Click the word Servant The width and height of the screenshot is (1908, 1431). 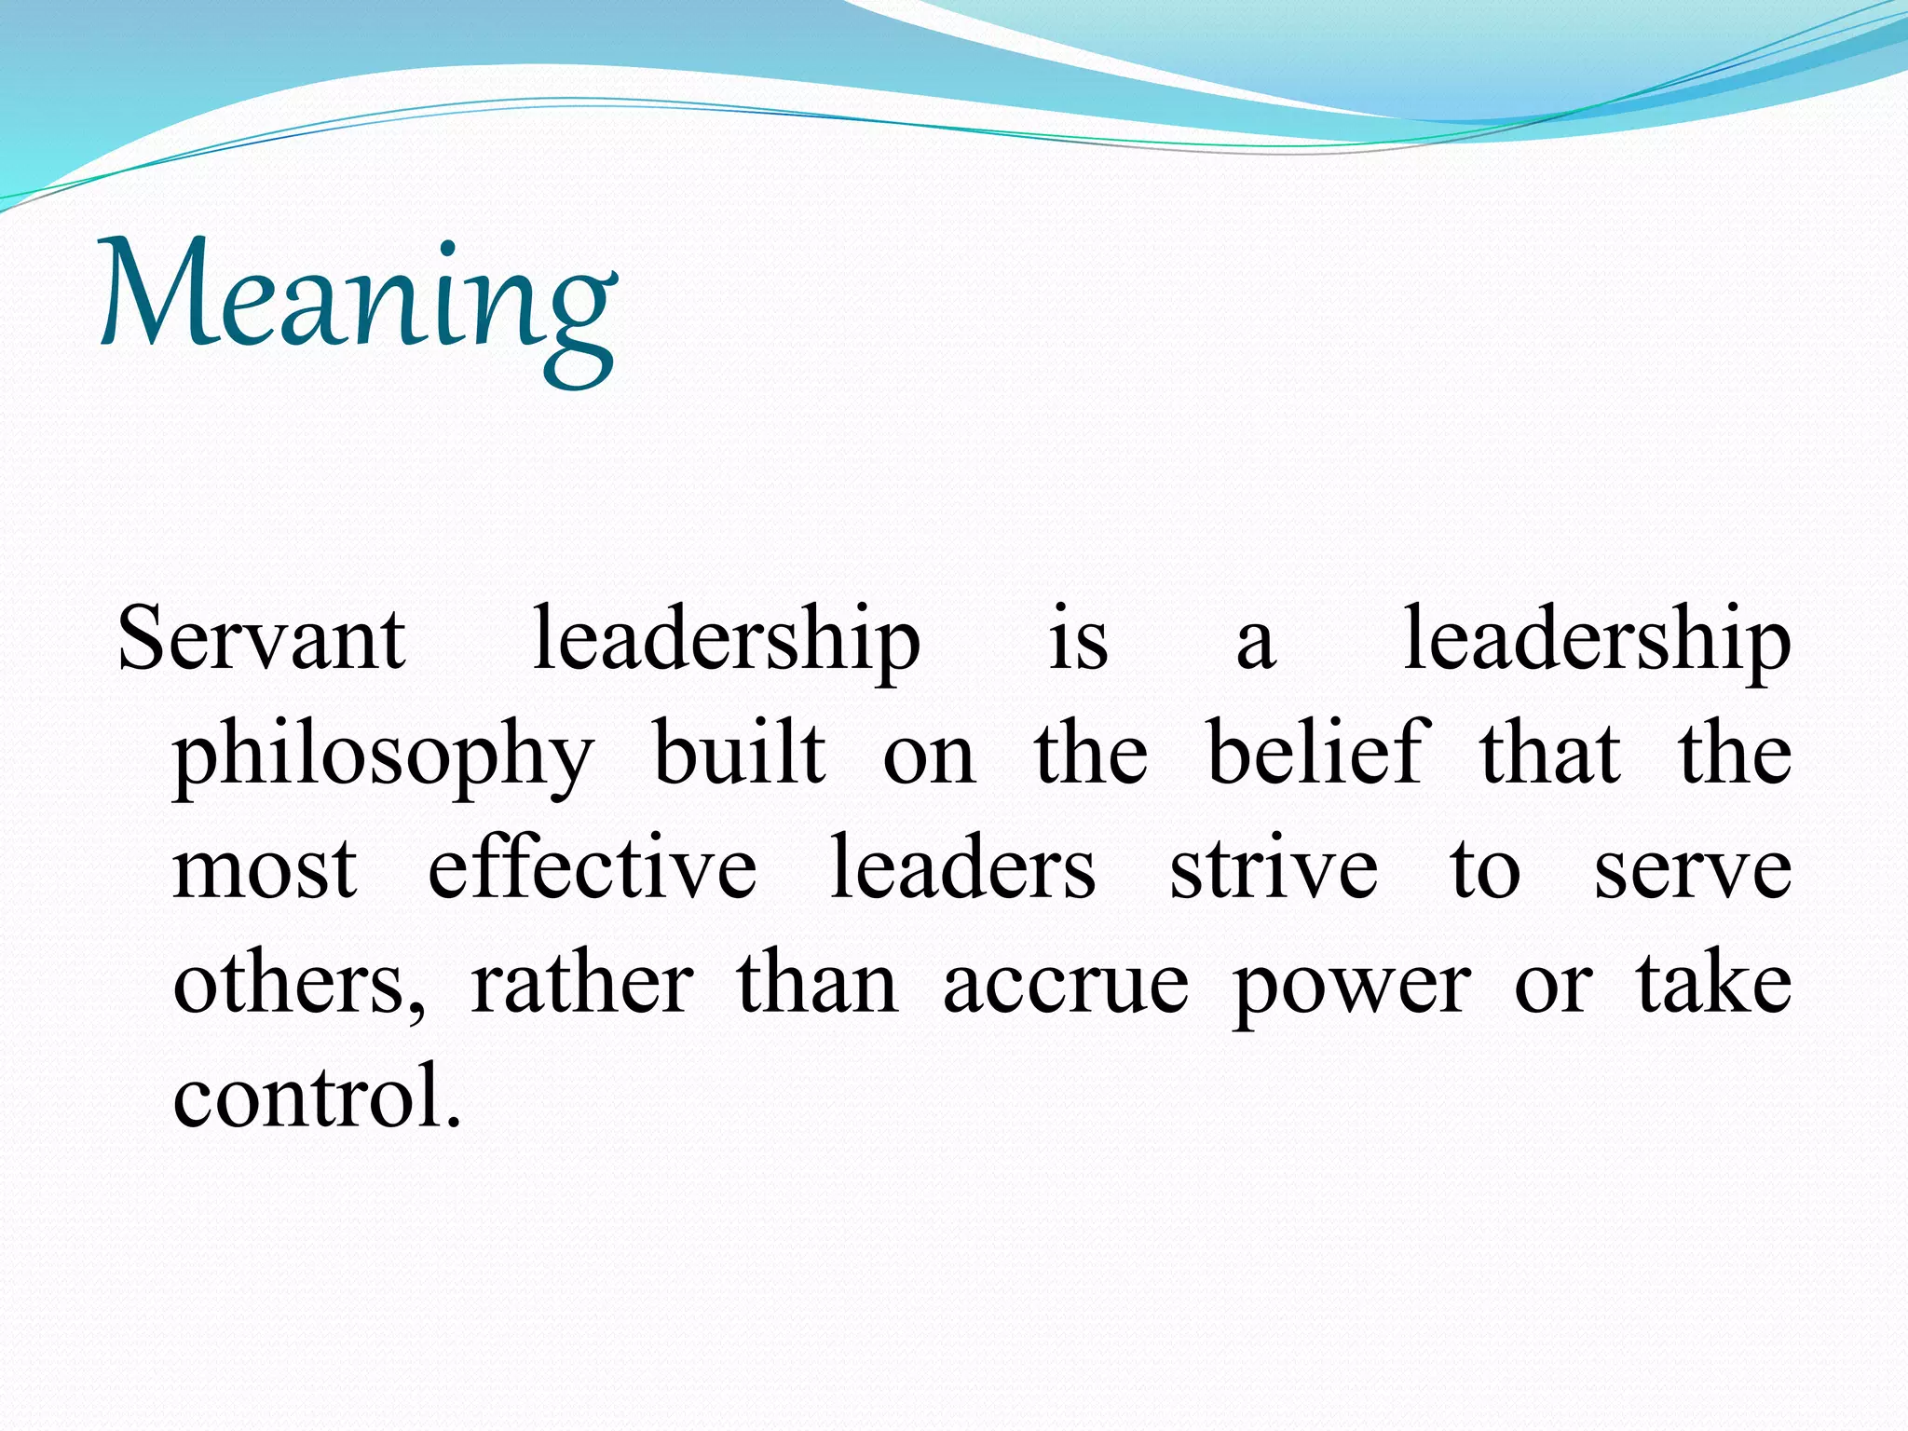(262, 639)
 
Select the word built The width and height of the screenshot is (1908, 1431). (739, 752)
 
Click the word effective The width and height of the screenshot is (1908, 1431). (593, 867)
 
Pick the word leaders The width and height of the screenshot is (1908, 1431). (962, 867)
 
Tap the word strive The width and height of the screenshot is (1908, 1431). (1274, 867)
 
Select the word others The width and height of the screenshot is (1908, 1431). (298, 986)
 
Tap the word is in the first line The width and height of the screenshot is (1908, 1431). (1079, 639)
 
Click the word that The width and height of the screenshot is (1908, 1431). (1551, 752)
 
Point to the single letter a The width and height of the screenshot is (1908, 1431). (1256, 645)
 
